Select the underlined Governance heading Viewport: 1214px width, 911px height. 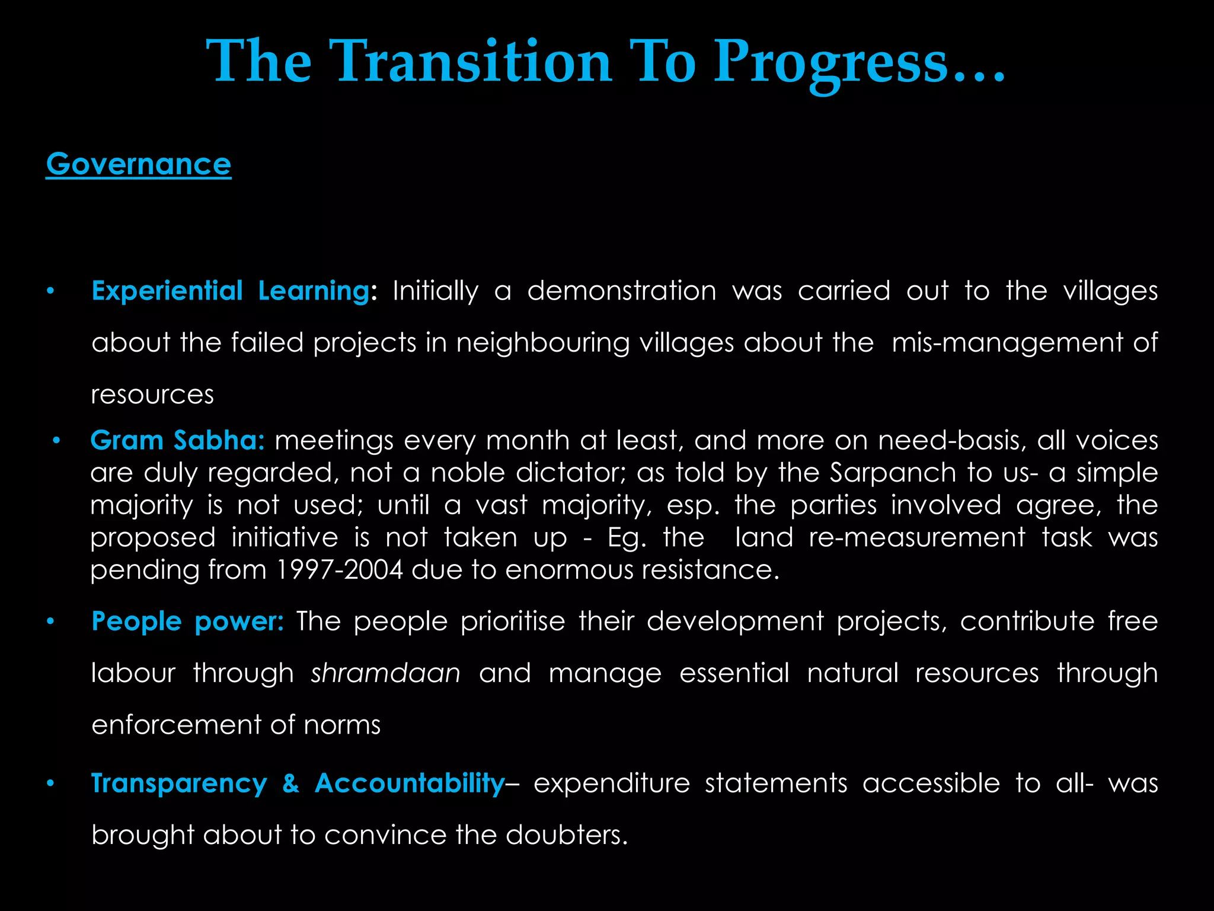[139, 164]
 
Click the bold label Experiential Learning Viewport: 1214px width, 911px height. [231, 291]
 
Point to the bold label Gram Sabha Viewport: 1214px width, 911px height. [177, 441]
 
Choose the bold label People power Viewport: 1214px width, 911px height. [188, 622]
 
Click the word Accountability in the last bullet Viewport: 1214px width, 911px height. [409, 783]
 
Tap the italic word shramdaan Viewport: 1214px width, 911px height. [386, 673]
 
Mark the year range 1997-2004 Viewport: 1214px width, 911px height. [340, 570]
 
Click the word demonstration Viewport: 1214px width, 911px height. [622, 291]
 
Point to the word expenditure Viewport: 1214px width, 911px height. [612, 783]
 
